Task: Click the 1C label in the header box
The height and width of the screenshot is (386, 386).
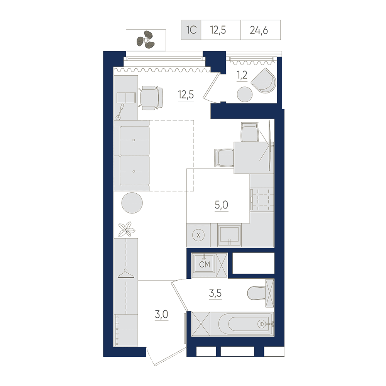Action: [191, 30]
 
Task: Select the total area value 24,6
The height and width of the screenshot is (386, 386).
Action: [259, 30]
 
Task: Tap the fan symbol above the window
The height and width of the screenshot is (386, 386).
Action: [146, 40]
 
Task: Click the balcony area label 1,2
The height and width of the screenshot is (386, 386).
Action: [242, 75]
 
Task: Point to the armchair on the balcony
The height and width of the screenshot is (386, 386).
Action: [264, 81]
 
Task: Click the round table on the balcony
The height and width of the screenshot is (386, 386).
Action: [245, 95]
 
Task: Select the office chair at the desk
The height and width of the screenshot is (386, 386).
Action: [151, 98]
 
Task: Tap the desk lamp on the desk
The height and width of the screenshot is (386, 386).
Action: [120, 112]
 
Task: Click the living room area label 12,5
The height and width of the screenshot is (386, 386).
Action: [186, 95]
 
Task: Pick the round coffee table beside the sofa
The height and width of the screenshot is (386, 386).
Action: [132, 203]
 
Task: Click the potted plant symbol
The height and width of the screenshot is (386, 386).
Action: [127, 229]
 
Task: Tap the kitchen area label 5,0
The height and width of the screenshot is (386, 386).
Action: [221, 205]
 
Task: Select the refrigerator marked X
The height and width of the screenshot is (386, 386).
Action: [198, 235]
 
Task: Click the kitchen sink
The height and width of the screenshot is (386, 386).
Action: [229, 235]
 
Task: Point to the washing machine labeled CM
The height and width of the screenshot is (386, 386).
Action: [204, 265]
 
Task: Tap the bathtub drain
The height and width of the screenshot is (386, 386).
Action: [262, 324]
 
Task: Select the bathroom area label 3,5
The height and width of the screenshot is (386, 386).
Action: [215, 293]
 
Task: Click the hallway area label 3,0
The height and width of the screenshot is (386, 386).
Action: [161, 314]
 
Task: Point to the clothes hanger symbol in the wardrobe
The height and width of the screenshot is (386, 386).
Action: [126, 274]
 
